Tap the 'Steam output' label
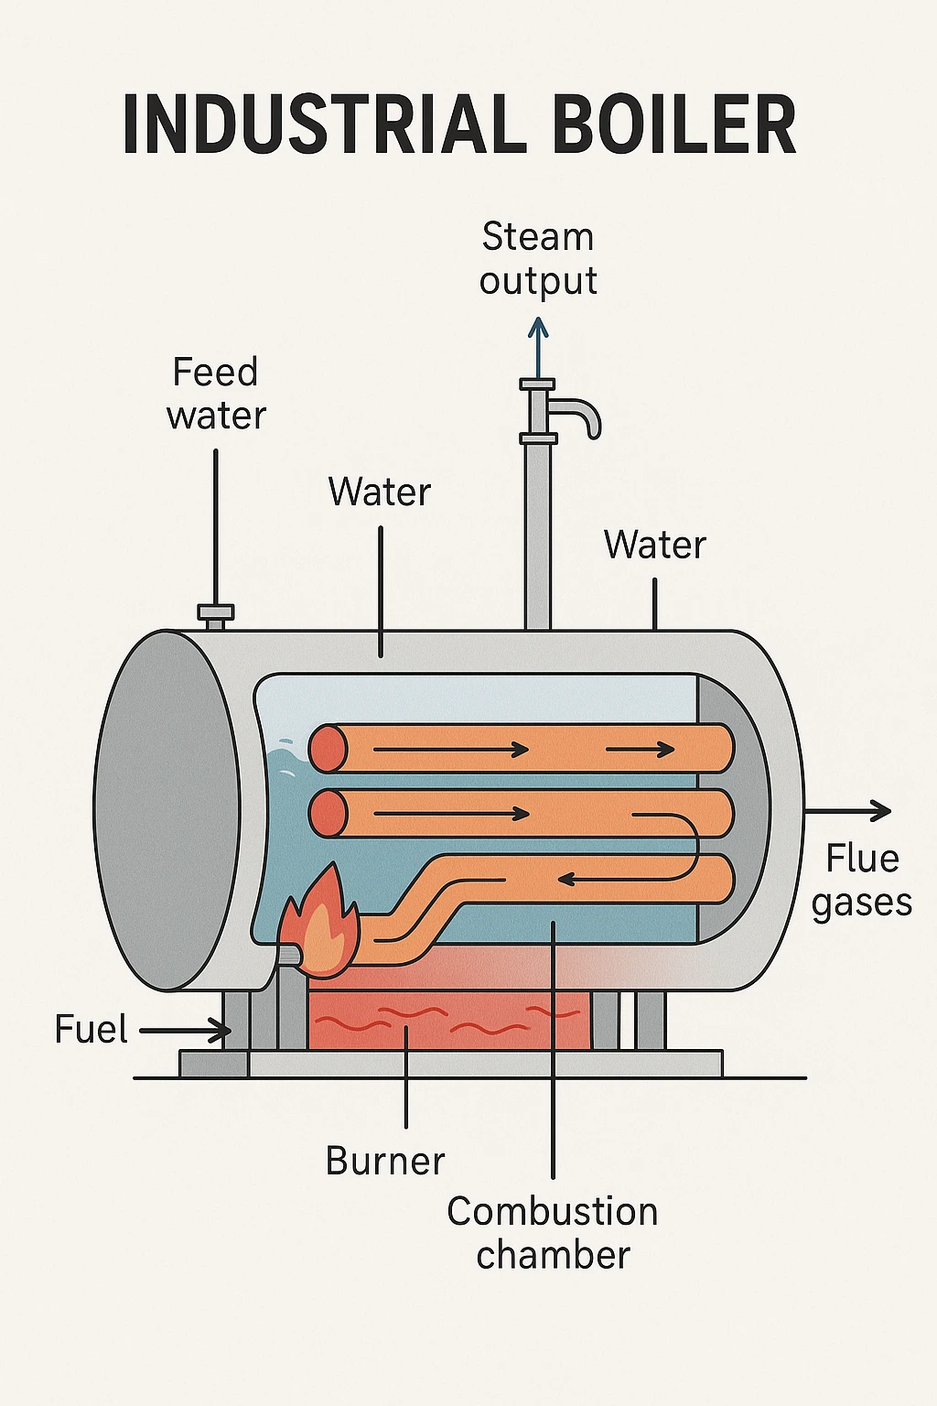538,259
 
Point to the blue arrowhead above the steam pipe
538,328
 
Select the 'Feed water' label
216,394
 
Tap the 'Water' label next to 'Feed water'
379,492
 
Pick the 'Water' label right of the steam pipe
654,546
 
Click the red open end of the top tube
328,749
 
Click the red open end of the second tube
328,814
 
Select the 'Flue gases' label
861,881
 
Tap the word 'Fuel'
91,1030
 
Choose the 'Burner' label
385,1162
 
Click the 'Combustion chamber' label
553,1233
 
